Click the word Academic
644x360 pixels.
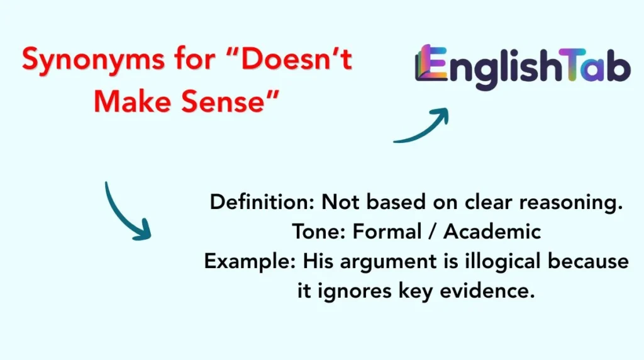coord(492,232)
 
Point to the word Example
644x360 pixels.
coord(248,261)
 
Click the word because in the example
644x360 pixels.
coord(594,261)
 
